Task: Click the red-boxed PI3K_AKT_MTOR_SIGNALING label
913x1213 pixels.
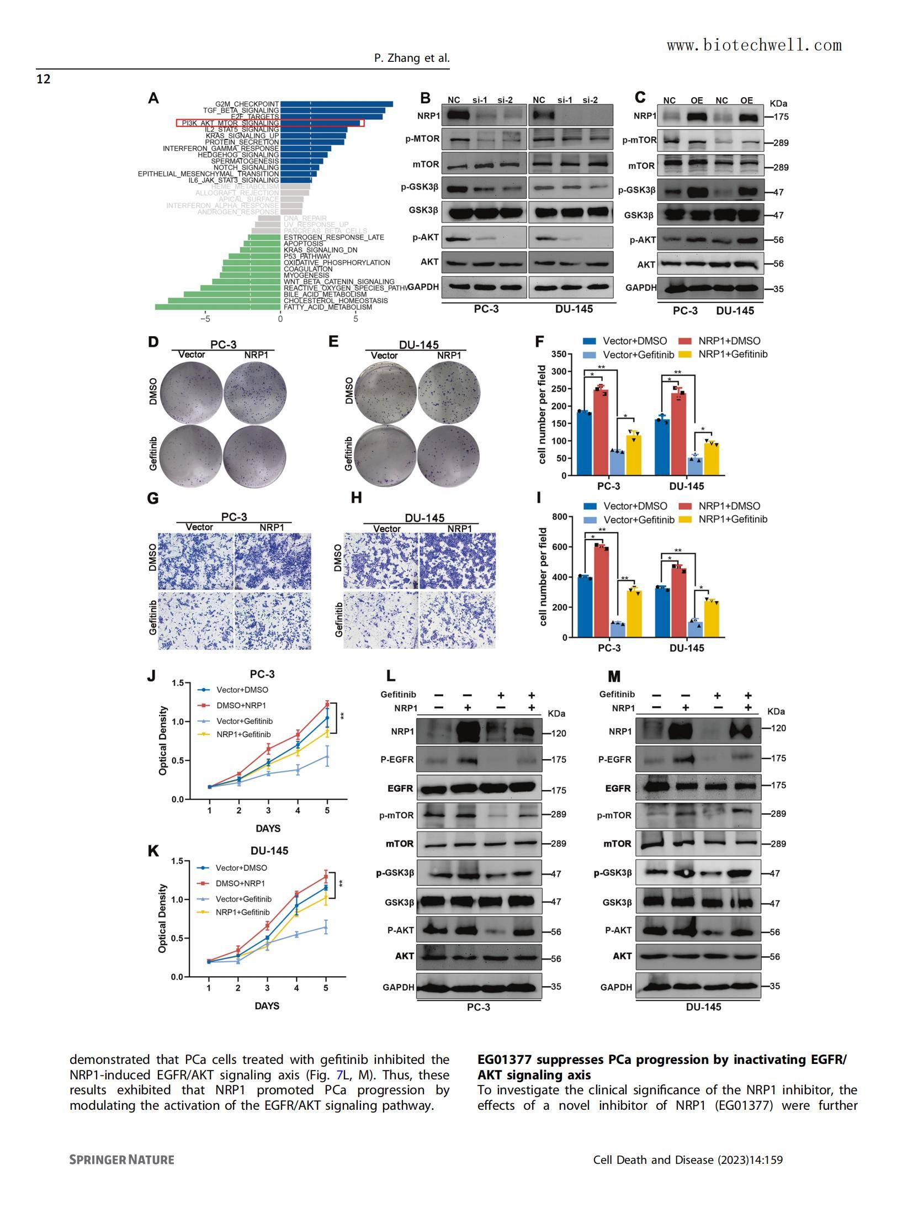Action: [x=230, y=123]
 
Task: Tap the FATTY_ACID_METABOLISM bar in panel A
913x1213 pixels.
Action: [x=217, y=307]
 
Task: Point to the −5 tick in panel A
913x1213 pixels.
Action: [x=205, y=319]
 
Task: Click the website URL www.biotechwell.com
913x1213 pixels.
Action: [x=754, y=45]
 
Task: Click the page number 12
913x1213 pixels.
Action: [x=44, y=80]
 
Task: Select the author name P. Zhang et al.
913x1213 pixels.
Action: [x=412, y=58]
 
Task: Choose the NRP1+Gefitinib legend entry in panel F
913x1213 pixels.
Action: [x=732, y=354]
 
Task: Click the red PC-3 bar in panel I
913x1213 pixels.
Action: [x=601, y=591]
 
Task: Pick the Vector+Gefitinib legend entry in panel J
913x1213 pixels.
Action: [x=244, y=721]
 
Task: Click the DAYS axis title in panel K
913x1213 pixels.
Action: [x=267, y=1005]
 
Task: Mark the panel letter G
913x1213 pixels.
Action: [x=153, y=499]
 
